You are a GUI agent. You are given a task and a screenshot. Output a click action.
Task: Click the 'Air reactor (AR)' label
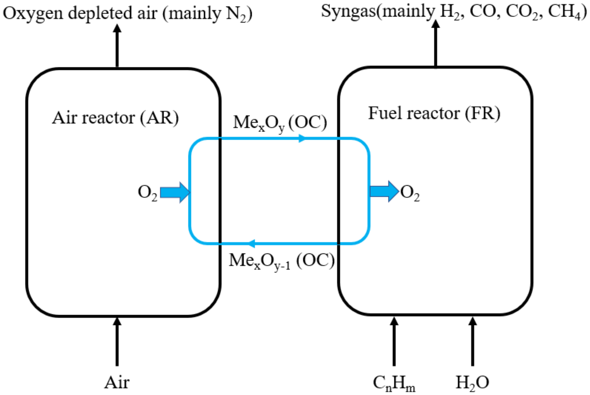coord(115,118)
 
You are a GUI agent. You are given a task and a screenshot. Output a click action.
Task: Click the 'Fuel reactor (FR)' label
coord(434,113)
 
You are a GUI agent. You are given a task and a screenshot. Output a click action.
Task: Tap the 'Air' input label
coord(117,383)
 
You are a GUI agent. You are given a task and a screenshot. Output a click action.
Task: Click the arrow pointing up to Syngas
coord(436,44)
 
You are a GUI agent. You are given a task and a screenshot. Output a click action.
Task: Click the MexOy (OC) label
coord(280,123)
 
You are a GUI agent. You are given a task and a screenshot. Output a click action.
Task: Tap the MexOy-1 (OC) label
coord(281,261)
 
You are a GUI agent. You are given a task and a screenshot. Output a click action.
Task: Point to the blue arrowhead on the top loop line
coord(302,138)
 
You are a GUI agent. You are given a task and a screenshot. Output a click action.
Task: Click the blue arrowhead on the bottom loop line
coord(251,243)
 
